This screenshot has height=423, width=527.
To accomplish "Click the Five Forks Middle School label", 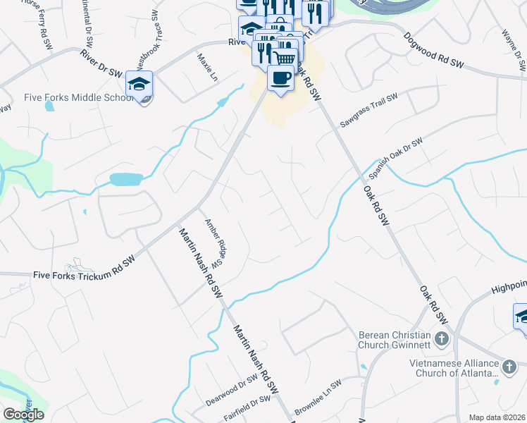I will click(68, 97).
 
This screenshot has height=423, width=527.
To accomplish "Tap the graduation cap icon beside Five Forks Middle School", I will click(139, 84).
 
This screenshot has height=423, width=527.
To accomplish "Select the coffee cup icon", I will click(280, 78).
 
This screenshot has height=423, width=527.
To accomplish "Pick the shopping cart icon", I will click(285, 59).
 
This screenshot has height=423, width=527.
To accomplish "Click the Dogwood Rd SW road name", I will click(434, 51).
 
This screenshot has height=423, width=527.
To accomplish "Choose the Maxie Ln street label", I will click(207, 68).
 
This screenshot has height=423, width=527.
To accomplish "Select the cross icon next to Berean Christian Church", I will click(441, 338).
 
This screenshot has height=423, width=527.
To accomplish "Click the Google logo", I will click(23, 415).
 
